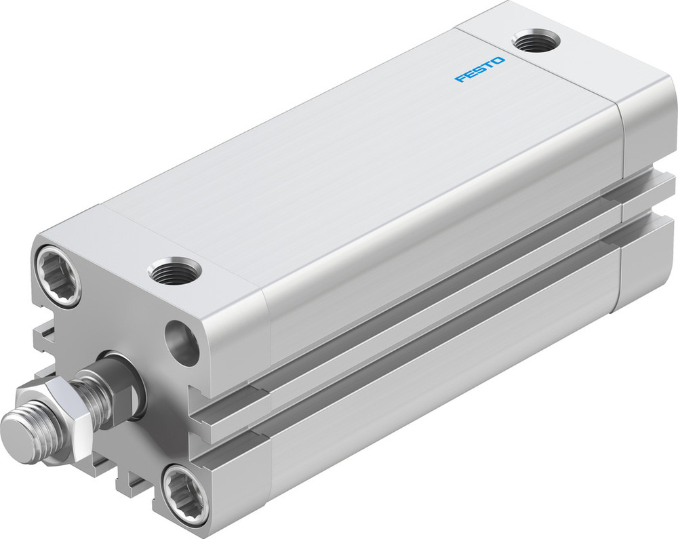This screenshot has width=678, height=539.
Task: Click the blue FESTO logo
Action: [479, 70]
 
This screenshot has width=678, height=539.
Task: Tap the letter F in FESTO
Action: [459, 79]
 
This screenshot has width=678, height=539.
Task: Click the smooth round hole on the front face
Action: [184, 342]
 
